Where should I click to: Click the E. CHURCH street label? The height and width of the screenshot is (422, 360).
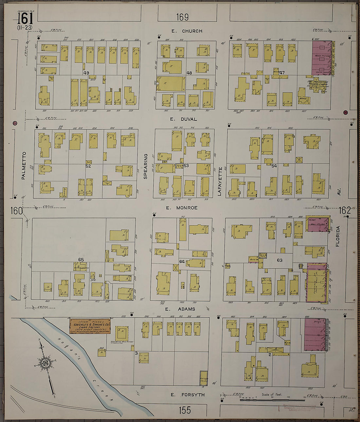(187, 31)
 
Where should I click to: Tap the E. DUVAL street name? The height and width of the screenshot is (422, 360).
(184, 119)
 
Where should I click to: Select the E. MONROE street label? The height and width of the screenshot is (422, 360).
(182, 208)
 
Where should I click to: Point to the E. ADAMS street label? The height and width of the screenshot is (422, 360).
(180, 309)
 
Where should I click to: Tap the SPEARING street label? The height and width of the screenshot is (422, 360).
(146, 166)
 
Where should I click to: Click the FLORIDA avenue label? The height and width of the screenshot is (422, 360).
(338, 236)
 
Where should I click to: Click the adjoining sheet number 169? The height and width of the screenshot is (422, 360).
(182, 17)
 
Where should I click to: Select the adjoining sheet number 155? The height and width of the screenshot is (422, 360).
(185, 410)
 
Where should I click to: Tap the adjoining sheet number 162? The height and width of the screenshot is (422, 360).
(345, 210)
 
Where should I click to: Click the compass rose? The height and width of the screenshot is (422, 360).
(45, 363)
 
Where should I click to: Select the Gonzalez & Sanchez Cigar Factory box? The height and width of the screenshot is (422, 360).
(90, 326)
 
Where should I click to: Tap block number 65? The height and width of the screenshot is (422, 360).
(81, 260)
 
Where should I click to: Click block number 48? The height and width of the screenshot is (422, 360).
(189, 73)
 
